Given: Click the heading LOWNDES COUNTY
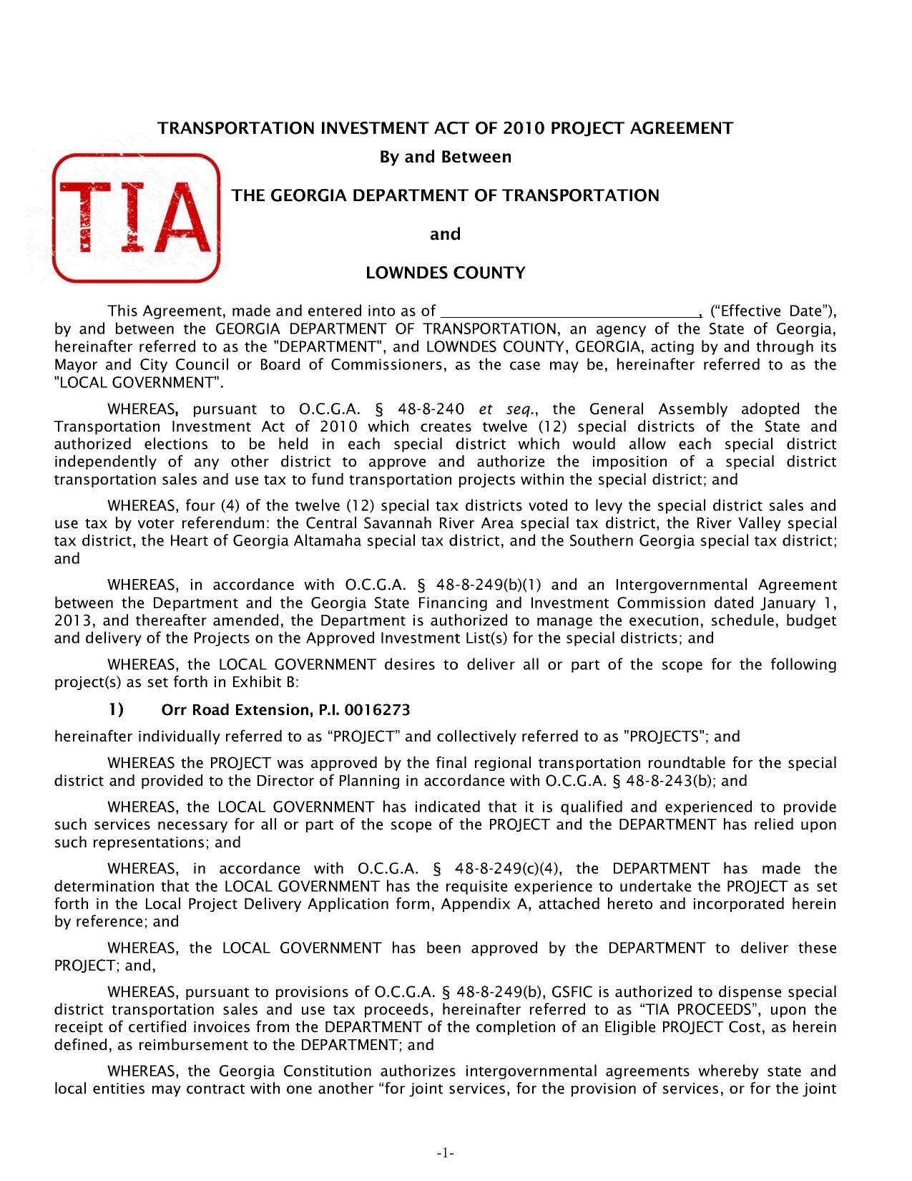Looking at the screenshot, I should point(445,273).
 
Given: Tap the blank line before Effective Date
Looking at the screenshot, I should point(571,311).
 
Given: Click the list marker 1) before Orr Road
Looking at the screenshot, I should point(116,709).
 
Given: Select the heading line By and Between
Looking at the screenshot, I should point(445,157).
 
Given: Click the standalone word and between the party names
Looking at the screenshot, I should point(445,234).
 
